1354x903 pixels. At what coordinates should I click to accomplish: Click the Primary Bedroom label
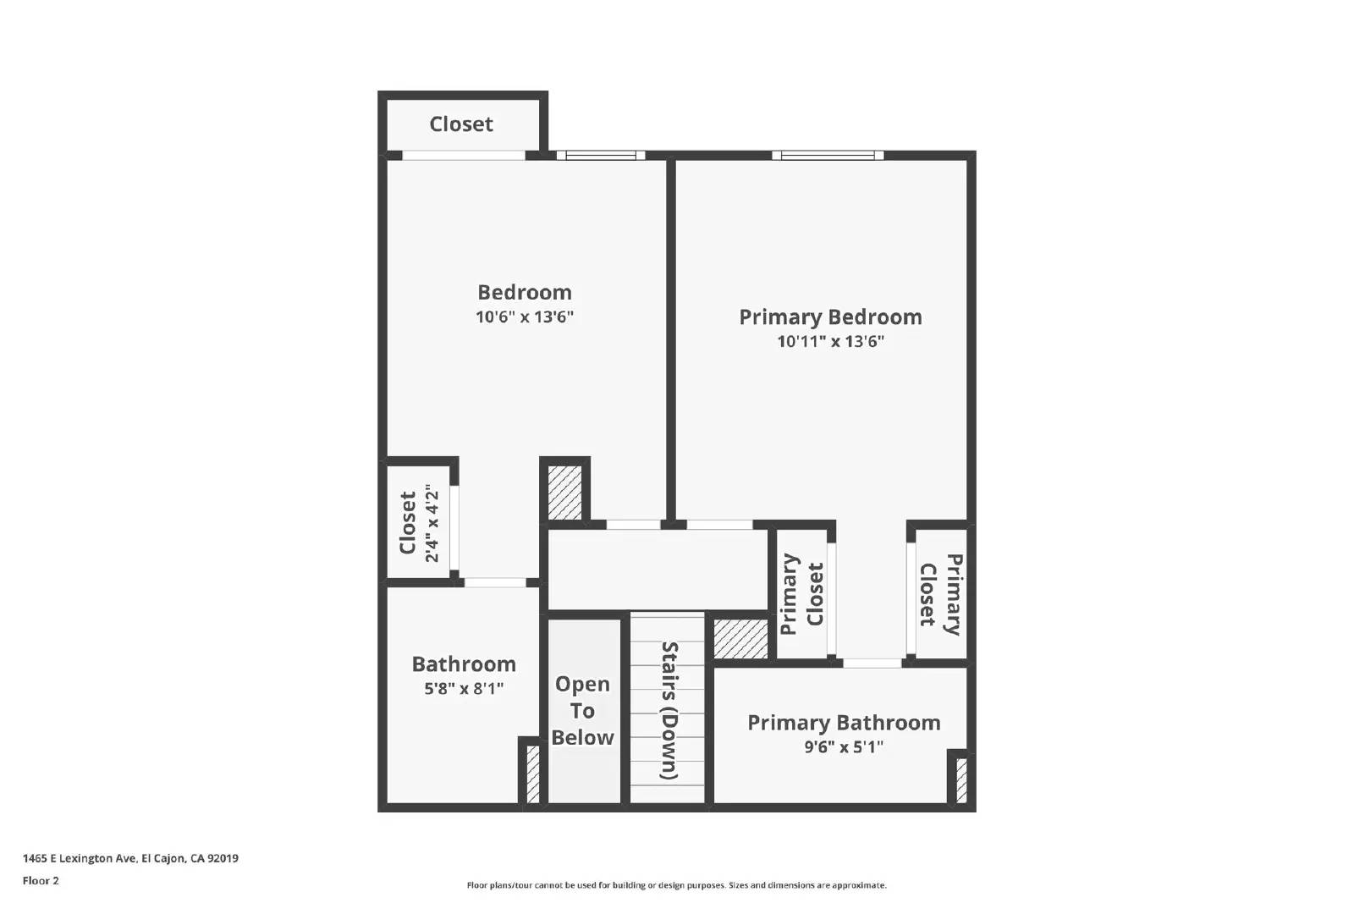click(830, 317)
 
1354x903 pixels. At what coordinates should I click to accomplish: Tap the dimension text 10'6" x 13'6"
click(525, 317)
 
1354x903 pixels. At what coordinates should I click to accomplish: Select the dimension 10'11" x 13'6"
click(830, 342)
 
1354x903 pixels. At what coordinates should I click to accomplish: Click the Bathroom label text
click(464, 664)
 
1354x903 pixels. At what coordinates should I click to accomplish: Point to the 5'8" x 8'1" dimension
click(464, 689)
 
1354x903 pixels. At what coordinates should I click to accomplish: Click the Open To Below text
click(582, 711)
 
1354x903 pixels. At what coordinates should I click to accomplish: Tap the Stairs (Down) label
click(669, 711)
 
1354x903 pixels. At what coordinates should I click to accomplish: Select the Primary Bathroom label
click(844, 723)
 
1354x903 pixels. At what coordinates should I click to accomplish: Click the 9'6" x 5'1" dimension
click(844, 746)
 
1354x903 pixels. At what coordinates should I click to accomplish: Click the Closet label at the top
click(461, 124)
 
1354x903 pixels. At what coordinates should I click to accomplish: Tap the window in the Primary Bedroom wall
click(828, 155)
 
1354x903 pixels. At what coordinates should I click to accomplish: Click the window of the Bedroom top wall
click(601, 155)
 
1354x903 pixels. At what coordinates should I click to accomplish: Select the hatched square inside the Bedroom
click(564, 492)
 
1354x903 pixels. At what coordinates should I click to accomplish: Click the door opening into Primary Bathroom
click(872, 663)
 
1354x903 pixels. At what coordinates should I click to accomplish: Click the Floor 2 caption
click(41, 881)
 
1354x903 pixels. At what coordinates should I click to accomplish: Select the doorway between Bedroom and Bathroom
click(495, 582)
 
